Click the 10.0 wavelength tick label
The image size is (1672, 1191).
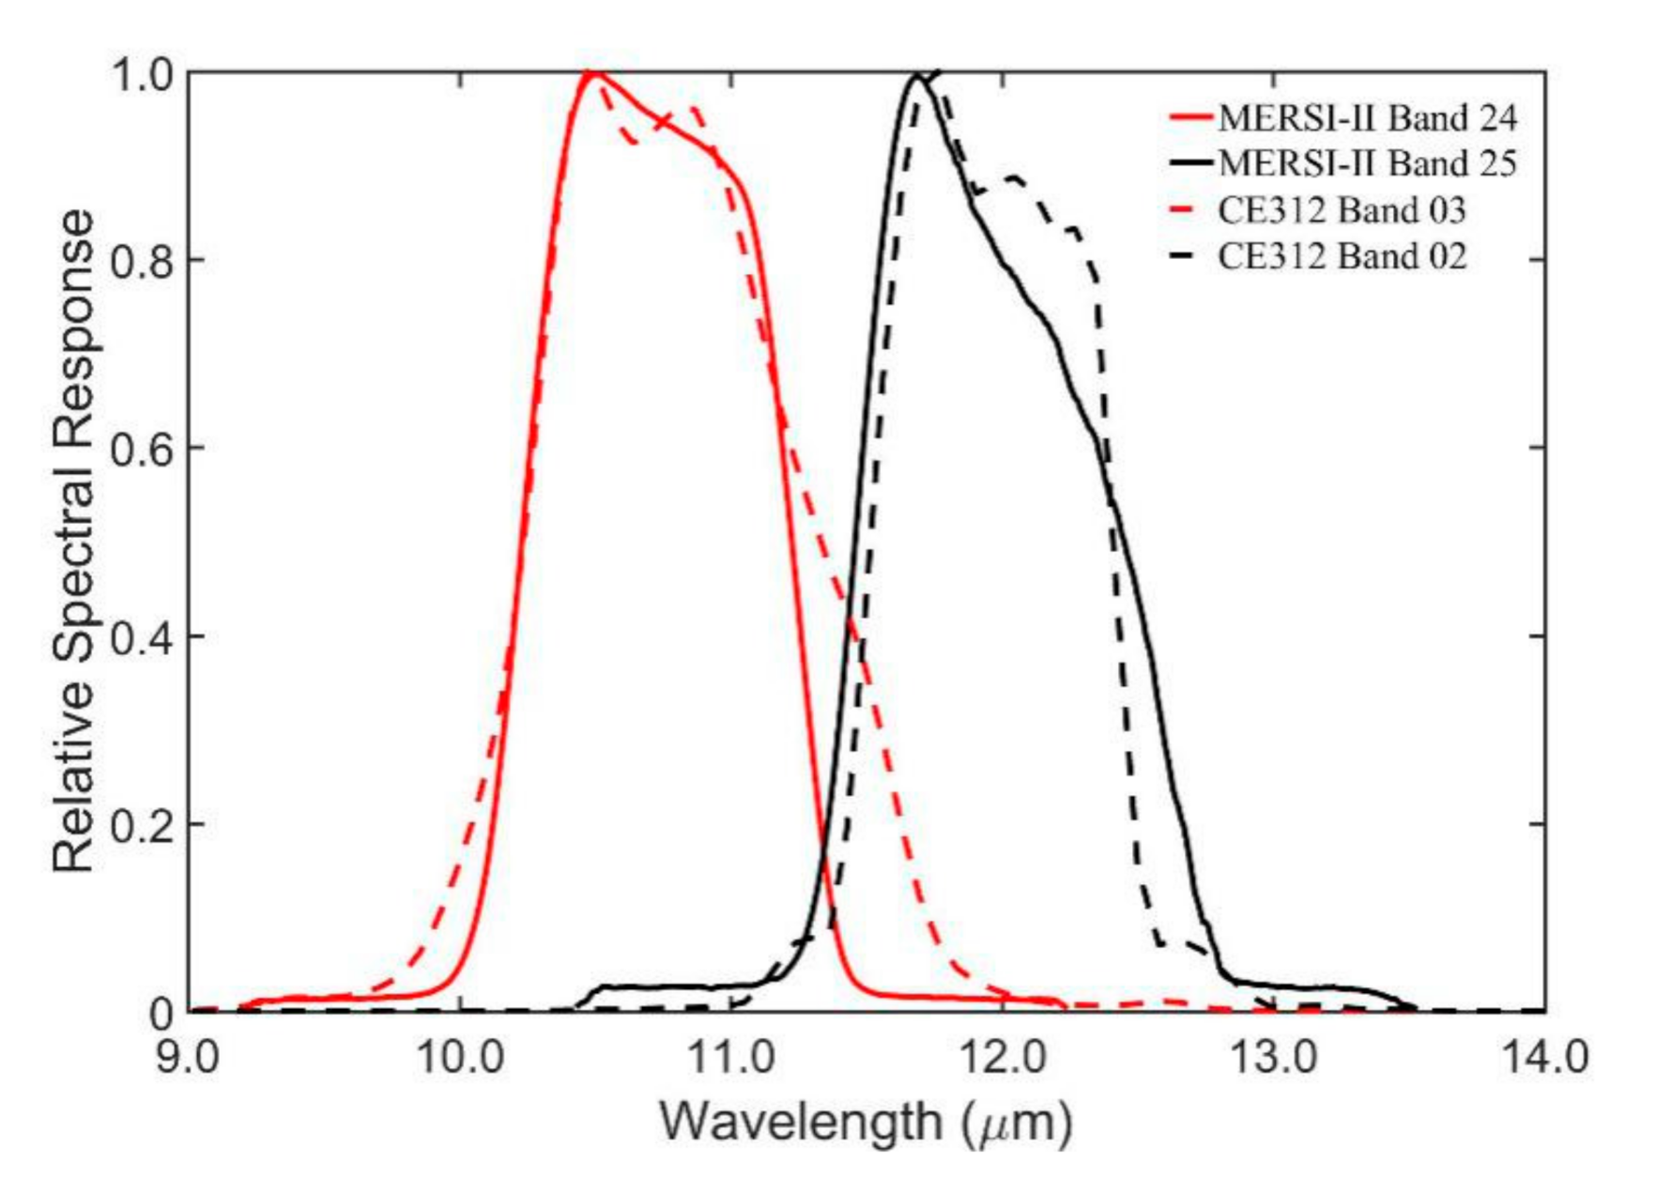[x=460, y=1058]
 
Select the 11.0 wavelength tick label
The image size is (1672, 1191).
[x=731, y=1058]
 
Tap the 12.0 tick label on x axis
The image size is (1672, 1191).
[x=1003, y=1058]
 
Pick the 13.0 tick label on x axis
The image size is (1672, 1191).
[x=1274, y=1058]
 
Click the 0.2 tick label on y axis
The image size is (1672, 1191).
[x=141, y=825]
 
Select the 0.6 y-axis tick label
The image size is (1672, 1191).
[x=141, y=449]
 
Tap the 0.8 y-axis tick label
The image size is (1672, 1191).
[x=141, y=261]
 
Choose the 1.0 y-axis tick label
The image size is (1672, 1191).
[x=141, y=73]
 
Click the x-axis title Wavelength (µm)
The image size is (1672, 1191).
[x=866, y=1122]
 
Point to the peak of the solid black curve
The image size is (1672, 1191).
[x=917, y=74]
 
